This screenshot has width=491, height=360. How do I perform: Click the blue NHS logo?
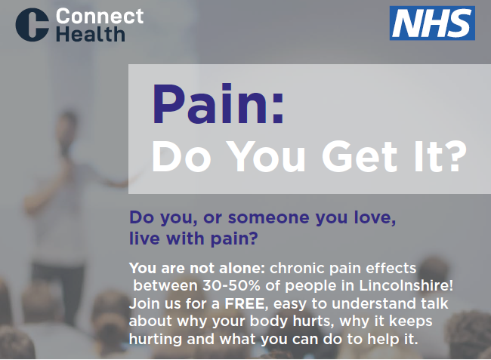pos(432,23)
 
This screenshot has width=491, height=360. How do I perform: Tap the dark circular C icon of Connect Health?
pos(32,25)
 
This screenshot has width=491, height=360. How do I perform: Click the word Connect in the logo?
pos(100,16)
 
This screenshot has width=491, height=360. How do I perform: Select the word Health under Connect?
pos(91,34)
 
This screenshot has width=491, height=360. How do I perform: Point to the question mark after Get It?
pos(455,156)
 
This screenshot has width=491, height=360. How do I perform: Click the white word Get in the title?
pos(359,156)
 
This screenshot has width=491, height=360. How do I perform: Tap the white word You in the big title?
pos(266,156)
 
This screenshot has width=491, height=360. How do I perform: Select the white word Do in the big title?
pos(182,156)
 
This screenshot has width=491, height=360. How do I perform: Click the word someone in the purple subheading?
pos(269,217)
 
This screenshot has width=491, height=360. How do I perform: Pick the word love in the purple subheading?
pos(375,217)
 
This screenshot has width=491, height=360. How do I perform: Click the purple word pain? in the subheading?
pos(234,239)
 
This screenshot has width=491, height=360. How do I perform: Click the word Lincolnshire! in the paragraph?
pos(406,285)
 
